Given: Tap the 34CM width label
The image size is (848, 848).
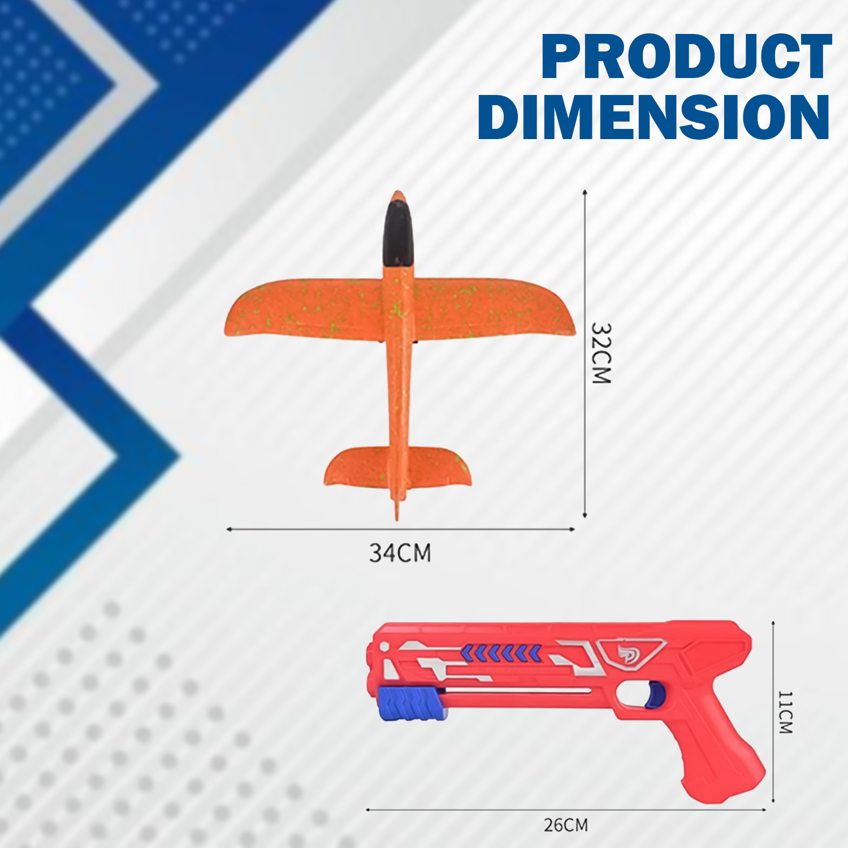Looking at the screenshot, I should point(400,553).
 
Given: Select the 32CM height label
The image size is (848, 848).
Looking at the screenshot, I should point(601,353).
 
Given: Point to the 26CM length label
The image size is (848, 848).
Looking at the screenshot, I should point(566,825).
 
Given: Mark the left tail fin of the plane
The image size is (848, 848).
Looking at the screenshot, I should point(356,466).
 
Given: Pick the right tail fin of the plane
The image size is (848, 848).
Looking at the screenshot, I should point(441,466).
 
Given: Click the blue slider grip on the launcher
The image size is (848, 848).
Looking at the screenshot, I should point(409,703).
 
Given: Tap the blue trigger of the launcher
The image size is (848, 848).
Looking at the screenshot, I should point(656,694).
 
